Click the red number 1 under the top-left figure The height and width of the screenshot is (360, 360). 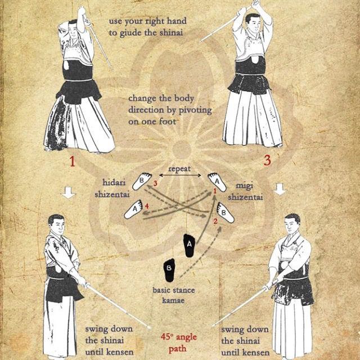pyautogui.click(x=73, y=161)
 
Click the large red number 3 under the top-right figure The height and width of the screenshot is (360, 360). pyautogui.click(x=267, y=160)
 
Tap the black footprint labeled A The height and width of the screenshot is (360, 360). pyautogui.click(x=190, y=245)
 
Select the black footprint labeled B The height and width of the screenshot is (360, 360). pyautogui.click(x=169, y=270)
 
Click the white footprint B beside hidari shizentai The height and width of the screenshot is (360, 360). pyautogui.click(x=142, y=181)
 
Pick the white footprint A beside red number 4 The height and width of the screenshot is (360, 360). pyautogui.click(x=134, y=209)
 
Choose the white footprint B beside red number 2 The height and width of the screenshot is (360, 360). pyautogui.click(x=225, y=213)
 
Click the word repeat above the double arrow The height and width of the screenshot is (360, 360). pyautogui.click(x=179, y=169)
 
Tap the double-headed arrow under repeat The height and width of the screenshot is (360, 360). pyautogui.click(x=180, y=175)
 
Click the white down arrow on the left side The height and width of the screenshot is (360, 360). pyautogui.click(x=69, y=192)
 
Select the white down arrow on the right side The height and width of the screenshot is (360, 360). pyautogui.click(x=280, y=189)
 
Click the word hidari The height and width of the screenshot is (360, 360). pyautogui.click(x=114, y=182)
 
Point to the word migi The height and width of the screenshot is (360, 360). pyautogui.click(x=245, y=186)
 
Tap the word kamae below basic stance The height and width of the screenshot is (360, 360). pyautogui.click(x=173, y=300)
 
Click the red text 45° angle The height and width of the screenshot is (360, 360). pyautogui.click(x=179, y=337)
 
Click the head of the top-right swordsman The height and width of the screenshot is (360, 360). pyautogui.click(x=252, y=22)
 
